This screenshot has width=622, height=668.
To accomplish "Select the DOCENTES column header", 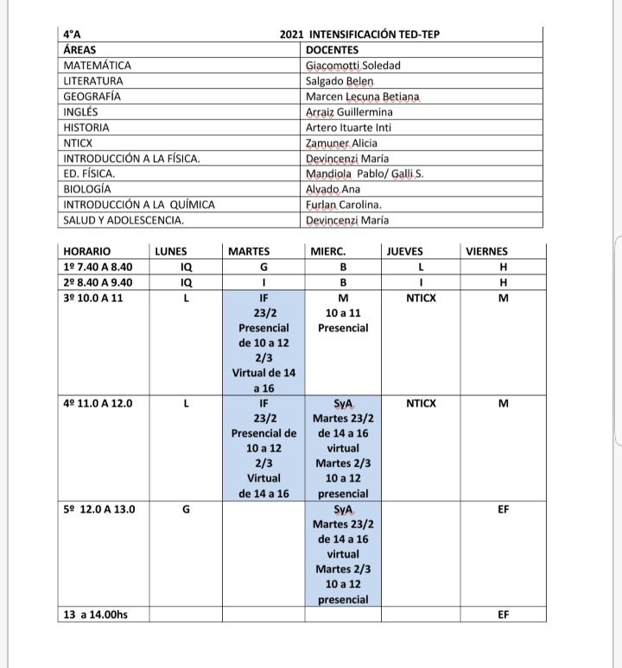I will [x=332, y=50].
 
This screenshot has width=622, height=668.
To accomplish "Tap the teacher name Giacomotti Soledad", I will [x=352, y=66].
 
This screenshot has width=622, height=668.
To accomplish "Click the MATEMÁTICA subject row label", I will [x=98, y=66].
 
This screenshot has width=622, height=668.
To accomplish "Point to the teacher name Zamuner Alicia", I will [x=341, y=143].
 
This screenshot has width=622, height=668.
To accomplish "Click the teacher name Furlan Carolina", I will [x=343, y=205].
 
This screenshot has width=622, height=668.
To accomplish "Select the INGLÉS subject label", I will [x=81, y=112].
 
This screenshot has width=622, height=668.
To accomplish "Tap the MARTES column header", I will [x=249, y=251].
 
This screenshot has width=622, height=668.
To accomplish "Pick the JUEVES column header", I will [x=404, y=251].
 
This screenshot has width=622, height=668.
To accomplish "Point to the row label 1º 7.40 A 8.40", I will [x=98, y=267].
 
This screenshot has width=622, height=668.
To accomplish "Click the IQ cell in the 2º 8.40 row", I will [x=187, y=282].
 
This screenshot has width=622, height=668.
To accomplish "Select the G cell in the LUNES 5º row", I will [x=187, y=509].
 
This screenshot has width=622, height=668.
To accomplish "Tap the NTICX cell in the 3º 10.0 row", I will [x=421, y=298].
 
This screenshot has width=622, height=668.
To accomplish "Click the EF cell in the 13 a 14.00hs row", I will [x=504, y=614].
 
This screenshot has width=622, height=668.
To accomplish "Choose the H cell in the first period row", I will [x=504, y=267].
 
